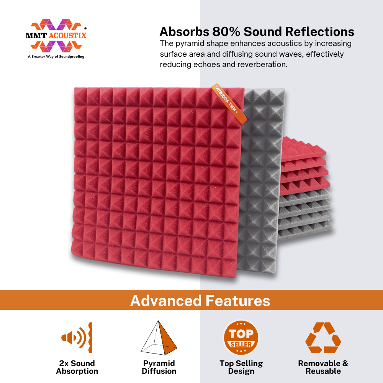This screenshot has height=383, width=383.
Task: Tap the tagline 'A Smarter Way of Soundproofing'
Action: click(56, 57)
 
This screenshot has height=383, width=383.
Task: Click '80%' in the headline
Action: click(226, 32)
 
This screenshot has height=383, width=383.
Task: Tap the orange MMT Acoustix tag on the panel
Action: click(229, 103)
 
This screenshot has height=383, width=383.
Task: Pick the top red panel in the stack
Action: click(304, 147)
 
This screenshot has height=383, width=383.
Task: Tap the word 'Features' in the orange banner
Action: click(238, 300)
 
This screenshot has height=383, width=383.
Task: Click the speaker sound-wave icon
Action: click(77, 337)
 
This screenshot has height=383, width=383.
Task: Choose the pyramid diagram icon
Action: click(159, 338)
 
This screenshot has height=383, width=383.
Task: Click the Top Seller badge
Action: click(241, 338)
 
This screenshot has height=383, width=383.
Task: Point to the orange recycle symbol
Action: click(323, 337)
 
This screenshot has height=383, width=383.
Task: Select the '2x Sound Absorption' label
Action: click(77, 367)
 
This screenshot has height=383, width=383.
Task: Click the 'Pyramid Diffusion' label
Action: click(159, 367)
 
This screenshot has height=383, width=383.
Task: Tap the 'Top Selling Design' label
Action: click(241, 367)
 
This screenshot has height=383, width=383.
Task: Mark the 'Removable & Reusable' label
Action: click(323, 367)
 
